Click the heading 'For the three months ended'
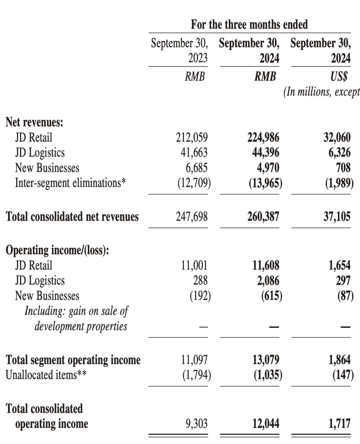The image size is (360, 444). click(249, 25)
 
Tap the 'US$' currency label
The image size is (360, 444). click(340, 76)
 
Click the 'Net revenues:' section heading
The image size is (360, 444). click(34, 122)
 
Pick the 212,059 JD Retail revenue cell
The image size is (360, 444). click(191, 137)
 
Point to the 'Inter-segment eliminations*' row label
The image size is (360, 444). click(71, 183)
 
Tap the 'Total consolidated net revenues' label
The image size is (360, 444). click(72, 216)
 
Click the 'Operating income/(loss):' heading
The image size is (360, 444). click(57, 250)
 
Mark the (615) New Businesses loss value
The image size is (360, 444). click(271, 296)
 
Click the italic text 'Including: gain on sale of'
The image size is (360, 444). click(76, 311)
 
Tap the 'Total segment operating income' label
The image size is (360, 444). click(73, 360)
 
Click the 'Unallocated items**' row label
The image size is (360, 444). click(46, 375)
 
